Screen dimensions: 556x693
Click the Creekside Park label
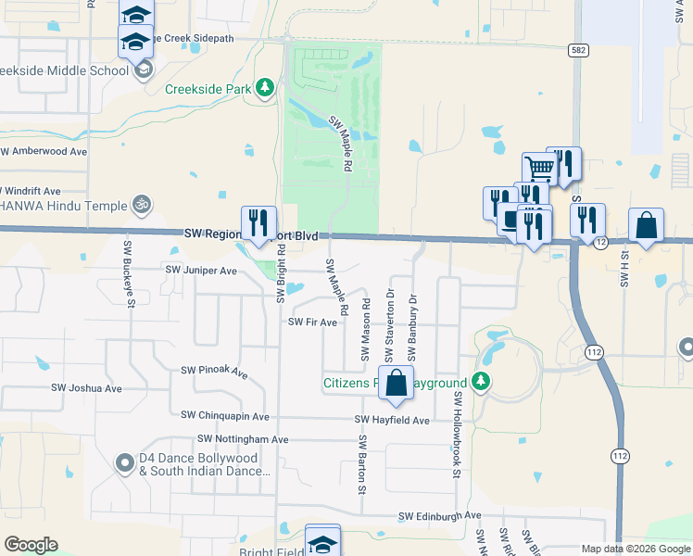pos(209,89)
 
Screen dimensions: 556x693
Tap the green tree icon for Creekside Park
pos(265,88)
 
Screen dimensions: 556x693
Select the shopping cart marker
pos(538,169)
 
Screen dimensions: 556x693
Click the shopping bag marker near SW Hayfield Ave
pos(396,383)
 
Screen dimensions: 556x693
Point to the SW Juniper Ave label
pos(201,270)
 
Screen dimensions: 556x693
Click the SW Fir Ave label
pos(312,322)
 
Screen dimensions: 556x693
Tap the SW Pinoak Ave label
pos(214,372)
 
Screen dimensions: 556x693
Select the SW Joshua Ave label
pos(86,388)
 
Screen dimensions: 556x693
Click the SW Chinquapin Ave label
pos(225,416)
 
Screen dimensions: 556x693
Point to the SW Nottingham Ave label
pos(243,439)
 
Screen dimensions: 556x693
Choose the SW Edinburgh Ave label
pos(440,515)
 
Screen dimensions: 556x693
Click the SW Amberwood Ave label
pos(44,151)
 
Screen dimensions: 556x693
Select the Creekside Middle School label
pos(63,70)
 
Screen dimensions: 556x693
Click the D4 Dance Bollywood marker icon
pos(124,461)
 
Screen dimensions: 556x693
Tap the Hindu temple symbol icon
pos(142,202)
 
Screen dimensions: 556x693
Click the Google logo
pos(31,545)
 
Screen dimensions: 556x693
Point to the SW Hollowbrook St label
pos(457,434)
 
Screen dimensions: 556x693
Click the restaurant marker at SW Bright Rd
pos(258,222)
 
